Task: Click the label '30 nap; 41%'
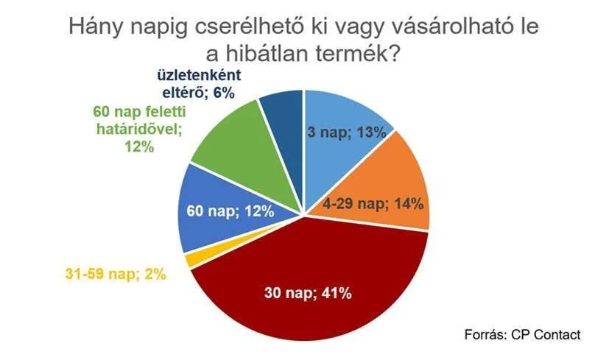click(308, 292)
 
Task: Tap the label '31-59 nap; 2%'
click(116, 274)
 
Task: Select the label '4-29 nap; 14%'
click(373, 203)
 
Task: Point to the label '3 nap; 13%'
click(347, 133)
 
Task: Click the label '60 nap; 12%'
click(230, 211)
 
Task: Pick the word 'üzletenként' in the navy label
click(200, 75)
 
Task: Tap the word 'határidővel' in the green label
click(139, 129)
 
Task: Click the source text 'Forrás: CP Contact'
click(522, 334)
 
